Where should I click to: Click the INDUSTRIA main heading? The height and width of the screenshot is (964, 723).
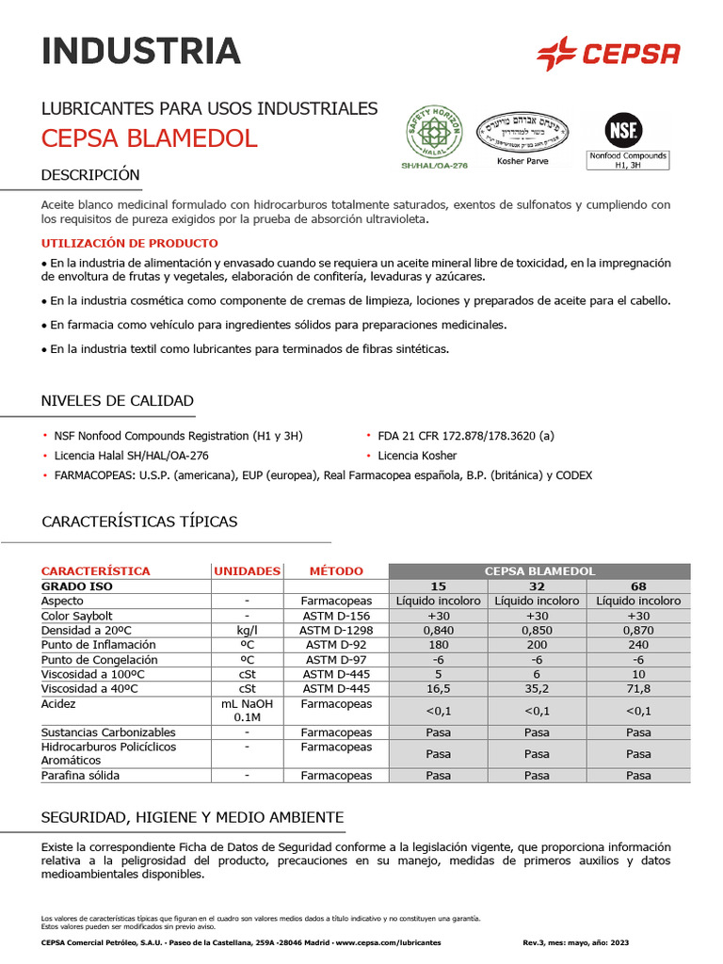pyautogui.click(x=141, y=51)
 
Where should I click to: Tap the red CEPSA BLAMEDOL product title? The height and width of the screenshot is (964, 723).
pyautogui.click(x=149, y=138)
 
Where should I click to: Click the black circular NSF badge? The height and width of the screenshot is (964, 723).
pyautogui.click(x=621, y=130)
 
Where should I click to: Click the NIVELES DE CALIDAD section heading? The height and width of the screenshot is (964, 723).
pyautogui.click(x=118, y=401)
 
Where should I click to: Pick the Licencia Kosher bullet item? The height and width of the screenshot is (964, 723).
pyautogui.click(x=417, y=456)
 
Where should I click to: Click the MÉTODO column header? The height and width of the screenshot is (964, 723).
pyautogui.click(x=335, y=571)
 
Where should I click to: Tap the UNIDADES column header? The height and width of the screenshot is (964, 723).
pyautogui.click(x=247, y=571)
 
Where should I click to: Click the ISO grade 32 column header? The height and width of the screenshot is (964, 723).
pyautogui.click(x=537, y=586)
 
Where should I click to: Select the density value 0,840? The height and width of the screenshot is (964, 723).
pyautogui.click(x=438, y=631)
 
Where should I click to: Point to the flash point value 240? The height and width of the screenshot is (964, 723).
pyautogui.click(x=638, y=645)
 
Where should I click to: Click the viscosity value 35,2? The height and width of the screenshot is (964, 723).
pyautogui.click(x=537, y=689)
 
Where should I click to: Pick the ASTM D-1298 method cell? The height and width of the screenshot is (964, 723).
pyautogui.click(x=335, y=631)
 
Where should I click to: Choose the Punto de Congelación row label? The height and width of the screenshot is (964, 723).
pyautogui.click(x=97, y=660)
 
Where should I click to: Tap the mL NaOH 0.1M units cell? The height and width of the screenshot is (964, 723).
pyautogui.click(x=247, y=711)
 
